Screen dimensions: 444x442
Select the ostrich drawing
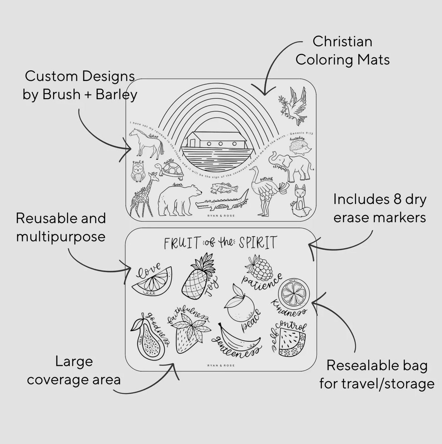tap(266, 194)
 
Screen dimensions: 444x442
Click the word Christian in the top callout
tap(343, 41)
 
